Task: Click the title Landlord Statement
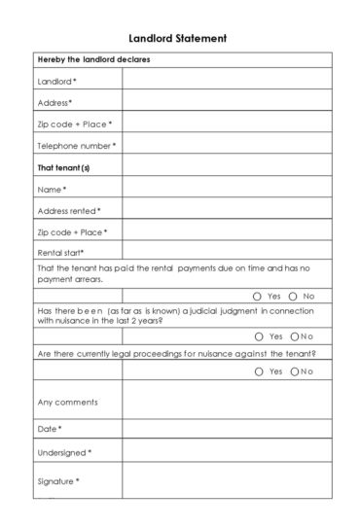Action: pos(179,39)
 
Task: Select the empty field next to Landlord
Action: pos(227,81)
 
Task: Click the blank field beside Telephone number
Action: pos(227,146)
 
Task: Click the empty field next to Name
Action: pos(227,189)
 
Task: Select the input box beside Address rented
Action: pos(227,210)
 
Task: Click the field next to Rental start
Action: pos(227,253)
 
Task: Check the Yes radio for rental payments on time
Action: pos(257,296)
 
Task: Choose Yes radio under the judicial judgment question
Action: pos(257,336)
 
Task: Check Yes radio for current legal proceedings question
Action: pos(257,371)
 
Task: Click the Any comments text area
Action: pos(227,401)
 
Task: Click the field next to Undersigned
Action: pos(227,453)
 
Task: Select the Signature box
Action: pos(227,482)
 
